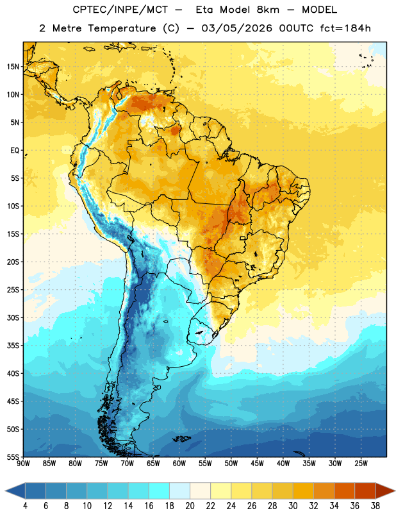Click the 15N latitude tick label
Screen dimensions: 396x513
pos(13,67)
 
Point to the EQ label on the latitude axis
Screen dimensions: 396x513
pos(15,151)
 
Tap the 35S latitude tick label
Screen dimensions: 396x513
pos(13,346)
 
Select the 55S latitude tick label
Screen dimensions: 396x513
pos(13,457)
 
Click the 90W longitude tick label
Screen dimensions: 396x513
pos(23,463)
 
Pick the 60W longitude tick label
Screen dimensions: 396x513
pos(179,463)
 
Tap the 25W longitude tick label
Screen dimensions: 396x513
pos(361,463)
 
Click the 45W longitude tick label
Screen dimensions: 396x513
pos(257,463)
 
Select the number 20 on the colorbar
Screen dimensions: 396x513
pos(190,506)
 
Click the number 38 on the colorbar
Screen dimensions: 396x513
pos(375,506)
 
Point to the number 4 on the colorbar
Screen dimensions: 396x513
pos(25,506)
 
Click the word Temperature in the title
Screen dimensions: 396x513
pos(122,28)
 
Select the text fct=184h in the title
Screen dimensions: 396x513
pos(345,28)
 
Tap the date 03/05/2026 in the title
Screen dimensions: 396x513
pos(236,28)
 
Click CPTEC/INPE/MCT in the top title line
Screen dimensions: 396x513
pos(120,10)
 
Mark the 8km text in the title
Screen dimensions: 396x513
pos(268,10)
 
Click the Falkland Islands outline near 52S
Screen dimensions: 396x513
pos(181,439)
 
